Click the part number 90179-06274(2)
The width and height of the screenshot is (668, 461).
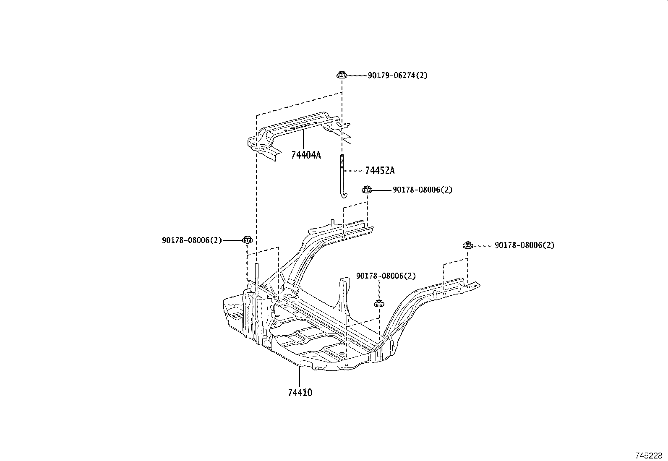[397, 76]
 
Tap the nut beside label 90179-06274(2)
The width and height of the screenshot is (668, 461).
[342, 75]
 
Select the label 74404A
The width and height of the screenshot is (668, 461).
[306, 155]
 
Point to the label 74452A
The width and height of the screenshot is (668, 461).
[380, 171]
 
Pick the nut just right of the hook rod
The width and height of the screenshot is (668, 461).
[367, 189]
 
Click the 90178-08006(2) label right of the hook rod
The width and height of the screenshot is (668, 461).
[422, 190]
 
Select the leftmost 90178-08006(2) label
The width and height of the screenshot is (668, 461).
[192, 240]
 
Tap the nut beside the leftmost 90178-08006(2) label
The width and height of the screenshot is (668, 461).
[248, 240]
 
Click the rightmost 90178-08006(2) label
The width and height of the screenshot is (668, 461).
[524, 245]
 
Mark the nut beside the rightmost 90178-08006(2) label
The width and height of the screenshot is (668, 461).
[468, 245]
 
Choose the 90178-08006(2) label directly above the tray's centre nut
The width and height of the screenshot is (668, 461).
[386, 276]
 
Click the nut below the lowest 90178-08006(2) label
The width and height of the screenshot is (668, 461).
[379, 304]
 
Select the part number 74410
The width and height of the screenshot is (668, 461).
[300, 393]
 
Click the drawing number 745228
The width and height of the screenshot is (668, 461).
[649, 456]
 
